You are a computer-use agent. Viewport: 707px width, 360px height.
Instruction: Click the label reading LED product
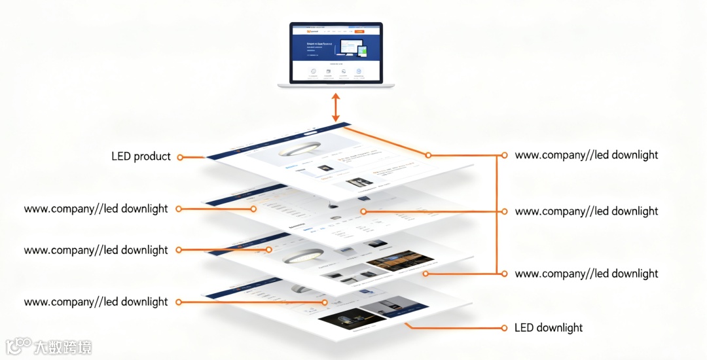[141, 156]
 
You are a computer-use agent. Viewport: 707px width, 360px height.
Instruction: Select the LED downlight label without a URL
[549, 328]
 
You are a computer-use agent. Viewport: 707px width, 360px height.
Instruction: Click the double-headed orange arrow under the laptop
[336, 107]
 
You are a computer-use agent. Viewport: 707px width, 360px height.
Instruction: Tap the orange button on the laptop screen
[359, 31]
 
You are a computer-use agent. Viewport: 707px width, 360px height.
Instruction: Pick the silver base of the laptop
[336, 85]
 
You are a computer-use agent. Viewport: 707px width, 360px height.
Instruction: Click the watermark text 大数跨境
[63, 347]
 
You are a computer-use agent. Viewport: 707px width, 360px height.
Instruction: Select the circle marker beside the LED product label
[180, 157]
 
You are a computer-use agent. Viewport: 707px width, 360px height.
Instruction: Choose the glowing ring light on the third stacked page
[297, 258]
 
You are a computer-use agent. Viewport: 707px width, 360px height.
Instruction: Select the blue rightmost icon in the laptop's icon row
[359, 71]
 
